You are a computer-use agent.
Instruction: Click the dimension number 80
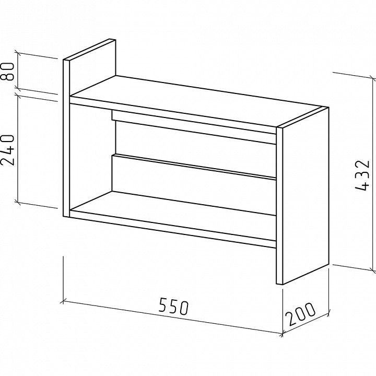tap(7, 72)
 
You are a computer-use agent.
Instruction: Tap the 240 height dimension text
tap(7, 150)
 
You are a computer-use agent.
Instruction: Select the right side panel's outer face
tap(305, 195)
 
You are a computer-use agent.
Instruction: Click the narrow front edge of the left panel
tap(66, 138)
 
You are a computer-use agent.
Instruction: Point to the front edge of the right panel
tap(279, 206)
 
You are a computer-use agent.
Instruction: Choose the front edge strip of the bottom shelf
tap(173, 228)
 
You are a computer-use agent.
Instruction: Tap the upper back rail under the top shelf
tap(194, 127)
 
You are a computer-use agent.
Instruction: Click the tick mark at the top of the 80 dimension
tap(17, 53)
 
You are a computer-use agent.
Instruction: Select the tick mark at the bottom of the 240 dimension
tap(17, 202)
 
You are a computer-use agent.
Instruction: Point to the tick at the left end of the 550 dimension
tap(63, 301)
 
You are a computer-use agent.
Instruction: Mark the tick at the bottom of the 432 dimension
tap(373, 271)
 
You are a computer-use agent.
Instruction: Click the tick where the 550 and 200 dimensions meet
tap(283, 334)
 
